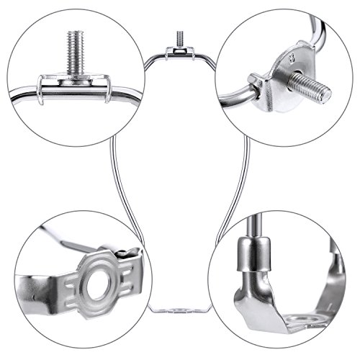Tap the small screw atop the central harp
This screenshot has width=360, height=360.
pyautogui.click(x=178, y=36)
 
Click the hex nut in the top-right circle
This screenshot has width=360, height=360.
pyautogui.click(x=256, y=81)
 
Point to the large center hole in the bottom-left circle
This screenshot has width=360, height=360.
pyautogui.click(x=92, y=284)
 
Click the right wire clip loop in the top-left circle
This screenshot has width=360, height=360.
pyautogui.click(x=108, y=92)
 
